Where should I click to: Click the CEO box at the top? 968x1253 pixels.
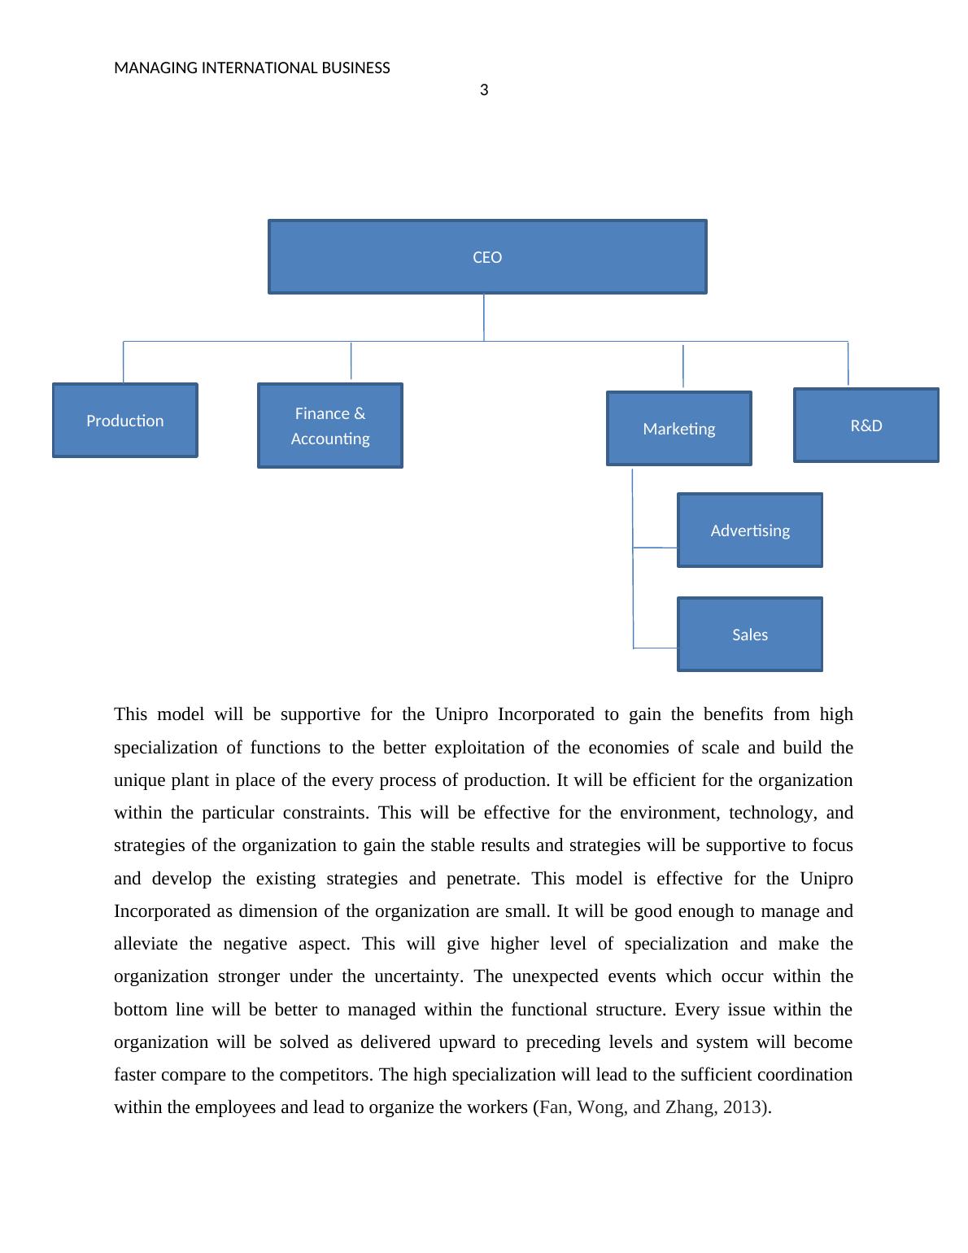487,256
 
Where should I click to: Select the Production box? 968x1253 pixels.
124,420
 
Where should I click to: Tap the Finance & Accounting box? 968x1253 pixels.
329,426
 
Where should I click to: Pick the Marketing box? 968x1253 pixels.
678,428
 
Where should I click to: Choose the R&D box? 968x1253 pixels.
866,425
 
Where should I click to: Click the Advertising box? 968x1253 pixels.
749,530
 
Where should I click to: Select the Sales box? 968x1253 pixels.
749,634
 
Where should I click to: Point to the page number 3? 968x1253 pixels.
484,90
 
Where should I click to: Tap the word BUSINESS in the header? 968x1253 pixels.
355,68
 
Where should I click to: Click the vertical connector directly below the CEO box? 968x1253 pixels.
484,317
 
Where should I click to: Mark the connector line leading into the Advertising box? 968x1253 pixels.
655,548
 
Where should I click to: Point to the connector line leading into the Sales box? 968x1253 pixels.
655,648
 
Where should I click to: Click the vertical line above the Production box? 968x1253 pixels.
124,362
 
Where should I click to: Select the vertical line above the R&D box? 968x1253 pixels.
848,363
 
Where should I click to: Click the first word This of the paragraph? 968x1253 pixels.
130,714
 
